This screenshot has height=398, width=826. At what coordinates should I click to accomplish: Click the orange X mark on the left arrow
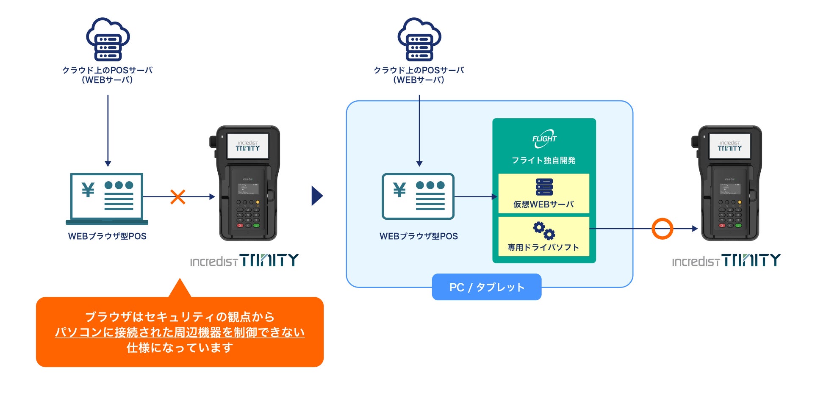click(178, 197)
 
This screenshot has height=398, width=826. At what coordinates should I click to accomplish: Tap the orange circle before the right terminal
click(662, 229)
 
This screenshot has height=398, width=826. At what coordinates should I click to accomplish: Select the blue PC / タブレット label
click(487, 287)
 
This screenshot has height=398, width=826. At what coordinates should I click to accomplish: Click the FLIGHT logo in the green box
click(544, 139)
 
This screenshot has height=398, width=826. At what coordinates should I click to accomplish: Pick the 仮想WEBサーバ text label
click(543, 205)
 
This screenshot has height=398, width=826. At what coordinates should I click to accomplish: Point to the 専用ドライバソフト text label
click(543, 247)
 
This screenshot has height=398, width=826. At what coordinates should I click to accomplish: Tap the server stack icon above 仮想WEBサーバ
click(544, 187)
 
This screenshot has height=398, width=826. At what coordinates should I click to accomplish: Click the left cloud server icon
click(108, 39)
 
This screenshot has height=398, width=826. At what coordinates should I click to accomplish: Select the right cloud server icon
click(419, 39)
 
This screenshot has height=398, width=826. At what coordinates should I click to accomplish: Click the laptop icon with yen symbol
click(107, 198)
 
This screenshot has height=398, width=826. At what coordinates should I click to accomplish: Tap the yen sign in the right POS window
click(399, 190)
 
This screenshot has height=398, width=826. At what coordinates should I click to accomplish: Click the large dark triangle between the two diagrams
click(317, 196)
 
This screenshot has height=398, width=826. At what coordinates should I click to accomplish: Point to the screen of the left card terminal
click(248, 146)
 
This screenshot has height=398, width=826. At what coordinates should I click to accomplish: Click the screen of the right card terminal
click(729, 146)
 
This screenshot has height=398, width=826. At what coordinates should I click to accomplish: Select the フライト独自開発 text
click(543, 160)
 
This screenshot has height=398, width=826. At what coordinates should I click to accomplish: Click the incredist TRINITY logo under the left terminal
click(244, 260)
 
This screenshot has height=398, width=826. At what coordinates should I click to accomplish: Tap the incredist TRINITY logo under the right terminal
click(726, 260)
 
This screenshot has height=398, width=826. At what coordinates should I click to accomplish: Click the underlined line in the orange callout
click(180, 332)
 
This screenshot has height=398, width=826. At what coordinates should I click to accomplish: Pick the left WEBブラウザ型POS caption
click(107, 236)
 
